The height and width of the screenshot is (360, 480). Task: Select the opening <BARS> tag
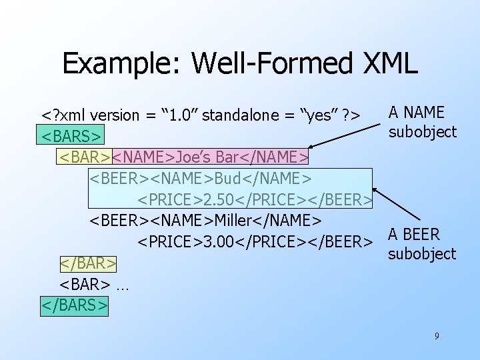[x=72, y=136]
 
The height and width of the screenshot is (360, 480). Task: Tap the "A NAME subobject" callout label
[x=422, y=122]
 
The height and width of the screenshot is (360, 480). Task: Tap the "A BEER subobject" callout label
[x=422, y=244]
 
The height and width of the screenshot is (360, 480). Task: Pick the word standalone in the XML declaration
[x=235, y=115]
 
